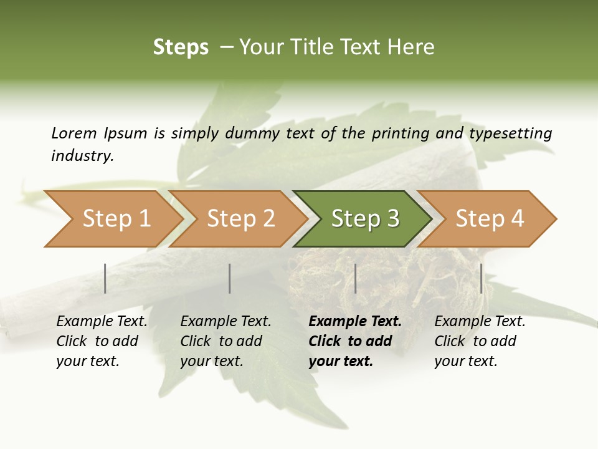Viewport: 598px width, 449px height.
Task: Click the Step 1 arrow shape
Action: click(x=115, y=219)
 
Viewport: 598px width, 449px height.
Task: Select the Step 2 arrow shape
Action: click(x=240, y=219)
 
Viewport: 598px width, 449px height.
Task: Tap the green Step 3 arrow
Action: click(x=364, y=219)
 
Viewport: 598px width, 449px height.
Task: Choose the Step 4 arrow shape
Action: click(x=489, y=219)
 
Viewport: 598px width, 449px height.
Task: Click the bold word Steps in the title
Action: click(x=181, y=47)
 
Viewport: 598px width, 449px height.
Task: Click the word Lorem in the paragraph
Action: click(x=74, y=133)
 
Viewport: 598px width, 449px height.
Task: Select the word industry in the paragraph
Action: click(x=82, y=156)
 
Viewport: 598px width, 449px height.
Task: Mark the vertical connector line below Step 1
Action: click(x=105, y=278)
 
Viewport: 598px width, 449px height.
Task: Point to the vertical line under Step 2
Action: click(x=230, y=278)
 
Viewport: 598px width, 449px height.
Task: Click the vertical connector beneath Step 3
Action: click(x=356, y=278)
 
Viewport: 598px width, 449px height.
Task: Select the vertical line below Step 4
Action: click(x=482, y=278)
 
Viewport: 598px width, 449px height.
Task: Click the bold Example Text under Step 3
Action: click(x=355, y=322)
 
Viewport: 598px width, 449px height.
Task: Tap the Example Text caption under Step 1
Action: click(x=102, y=322)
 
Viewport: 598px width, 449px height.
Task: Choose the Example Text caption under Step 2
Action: click(x=225, y=322)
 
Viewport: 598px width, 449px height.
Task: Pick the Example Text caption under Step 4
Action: click(x=480, y=322)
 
